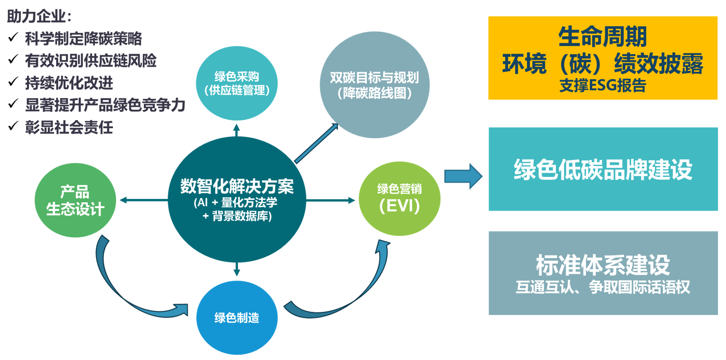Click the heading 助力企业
click(39, 16)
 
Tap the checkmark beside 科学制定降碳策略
click(13, 37)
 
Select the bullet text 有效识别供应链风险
click(91, 61)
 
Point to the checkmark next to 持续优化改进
click(13, 82)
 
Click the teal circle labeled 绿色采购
click(237, 83)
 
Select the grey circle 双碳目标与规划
click(374, 85)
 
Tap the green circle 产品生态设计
click(75, 200)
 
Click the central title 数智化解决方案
click(237, 186)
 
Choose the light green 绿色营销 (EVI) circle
click(399, 198)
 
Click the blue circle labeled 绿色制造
click(237, 317)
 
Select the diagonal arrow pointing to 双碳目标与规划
click(317, 143)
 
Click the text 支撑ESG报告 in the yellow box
click(602, 86)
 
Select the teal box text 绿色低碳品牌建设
click(603, 170)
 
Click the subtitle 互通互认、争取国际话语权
click(603, 287)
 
